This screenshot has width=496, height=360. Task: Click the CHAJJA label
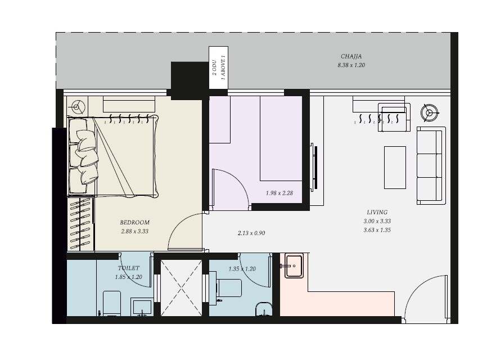(351, 56)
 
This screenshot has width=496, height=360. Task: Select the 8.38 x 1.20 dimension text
(351, 65)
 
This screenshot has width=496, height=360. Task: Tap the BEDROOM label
(135, 222)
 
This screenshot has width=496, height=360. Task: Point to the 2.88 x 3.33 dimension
(135, 231)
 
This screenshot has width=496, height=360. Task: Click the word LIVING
(377, 212)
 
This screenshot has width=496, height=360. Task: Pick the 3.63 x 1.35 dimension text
(377, 230)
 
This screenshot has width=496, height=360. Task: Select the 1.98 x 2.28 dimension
(279, 193)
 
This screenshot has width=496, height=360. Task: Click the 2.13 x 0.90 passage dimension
(251, 233)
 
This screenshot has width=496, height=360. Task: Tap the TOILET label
(128, 268)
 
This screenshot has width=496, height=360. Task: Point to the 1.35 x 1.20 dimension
(242, 269)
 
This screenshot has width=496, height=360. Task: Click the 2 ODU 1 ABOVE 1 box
(218, 67)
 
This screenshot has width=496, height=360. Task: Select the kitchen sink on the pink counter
(294, 265)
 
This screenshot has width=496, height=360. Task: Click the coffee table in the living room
(395, 168)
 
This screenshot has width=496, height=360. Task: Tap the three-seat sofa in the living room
(431, 165)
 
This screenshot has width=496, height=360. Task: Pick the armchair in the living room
(394, 117)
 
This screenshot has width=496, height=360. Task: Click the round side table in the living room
(430, 112)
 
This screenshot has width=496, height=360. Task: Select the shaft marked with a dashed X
(181, 288)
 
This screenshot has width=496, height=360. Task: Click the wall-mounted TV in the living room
(314, 167)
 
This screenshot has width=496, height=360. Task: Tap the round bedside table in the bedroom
(76, 107)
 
